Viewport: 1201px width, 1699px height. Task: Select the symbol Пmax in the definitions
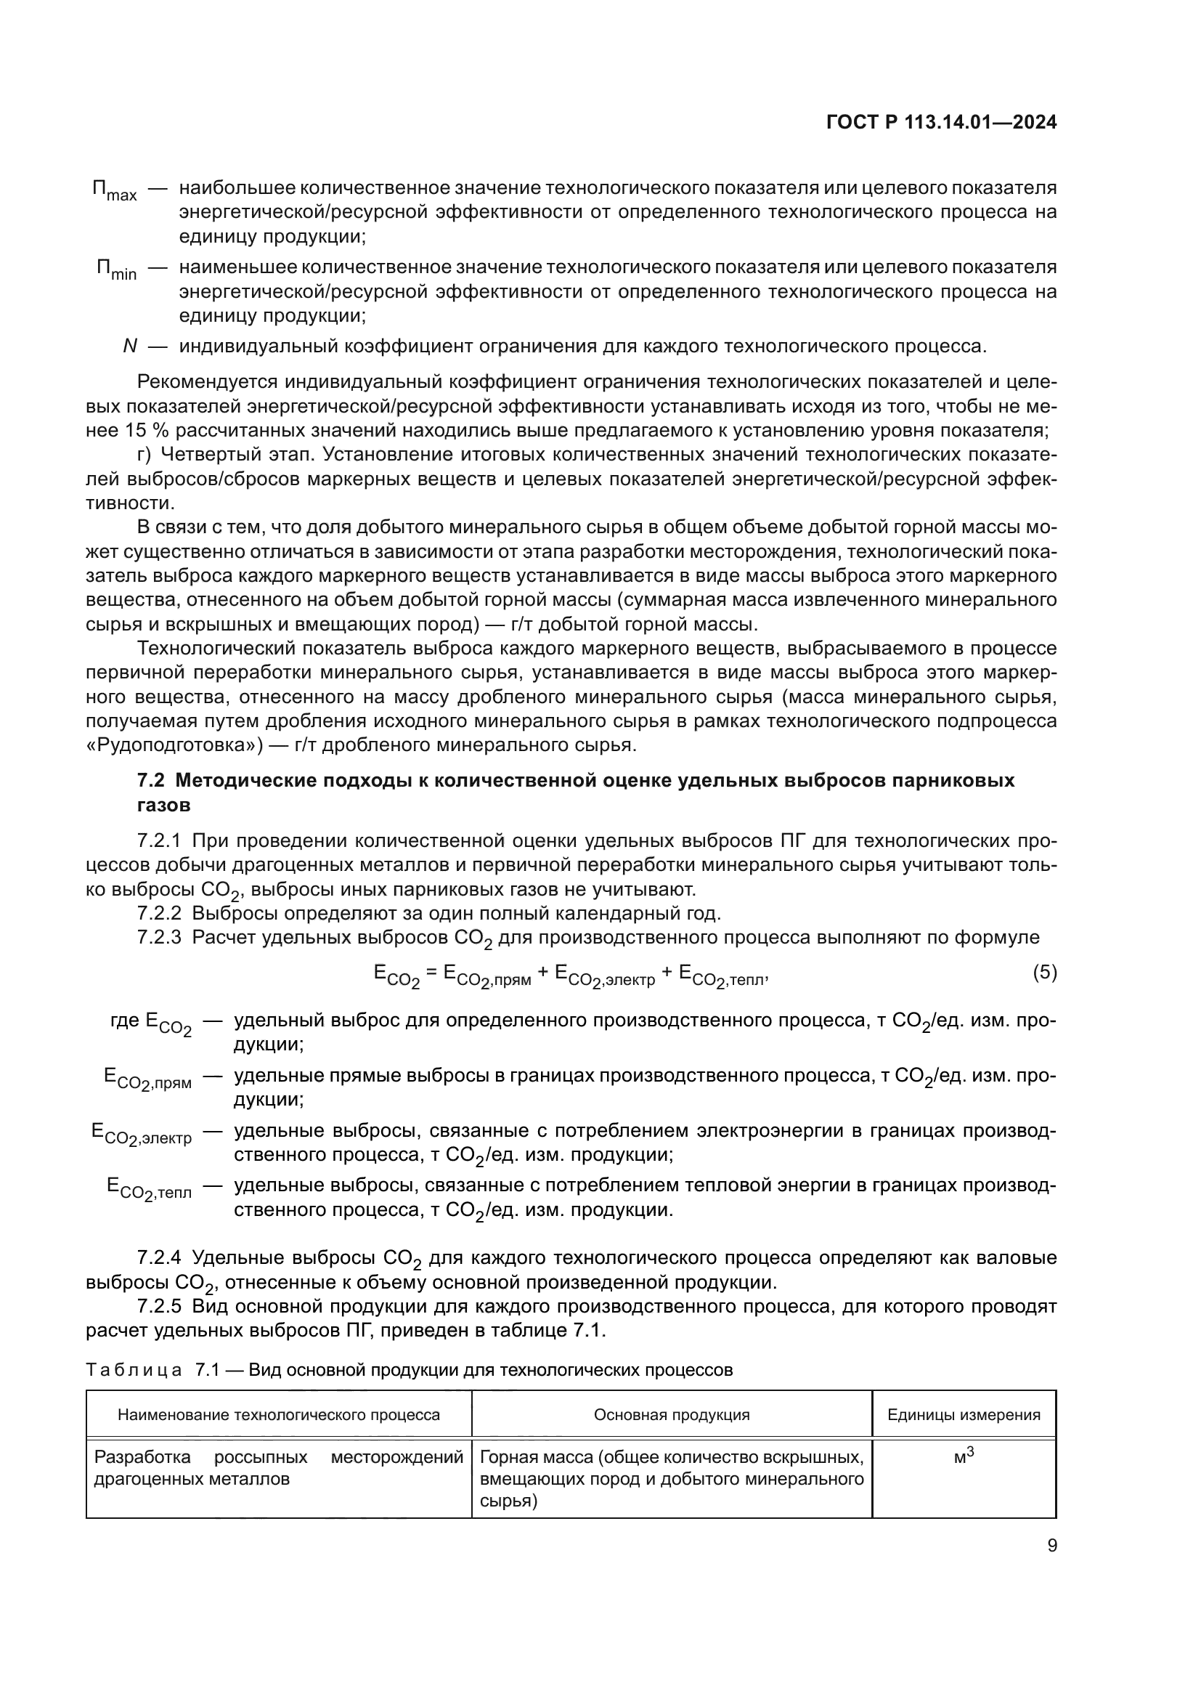click(115, 191)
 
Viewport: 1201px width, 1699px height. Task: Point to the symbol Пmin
click(116, 270)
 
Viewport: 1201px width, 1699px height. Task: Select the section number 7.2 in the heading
click(153, 781)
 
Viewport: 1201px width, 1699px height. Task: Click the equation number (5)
click(1044, 973)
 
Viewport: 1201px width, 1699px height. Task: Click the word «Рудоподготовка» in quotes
click(174, 745)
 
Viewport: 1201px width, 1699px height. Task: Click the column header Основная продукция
click(672, 1415)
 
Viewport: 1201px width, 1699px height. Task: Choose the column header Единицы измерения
click(964, 1415)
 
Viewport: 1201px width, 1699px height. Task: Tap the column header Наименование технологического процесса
click(279, 1415)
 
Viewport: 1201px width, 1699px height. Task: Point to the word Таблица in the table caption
click(134, 1370)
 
